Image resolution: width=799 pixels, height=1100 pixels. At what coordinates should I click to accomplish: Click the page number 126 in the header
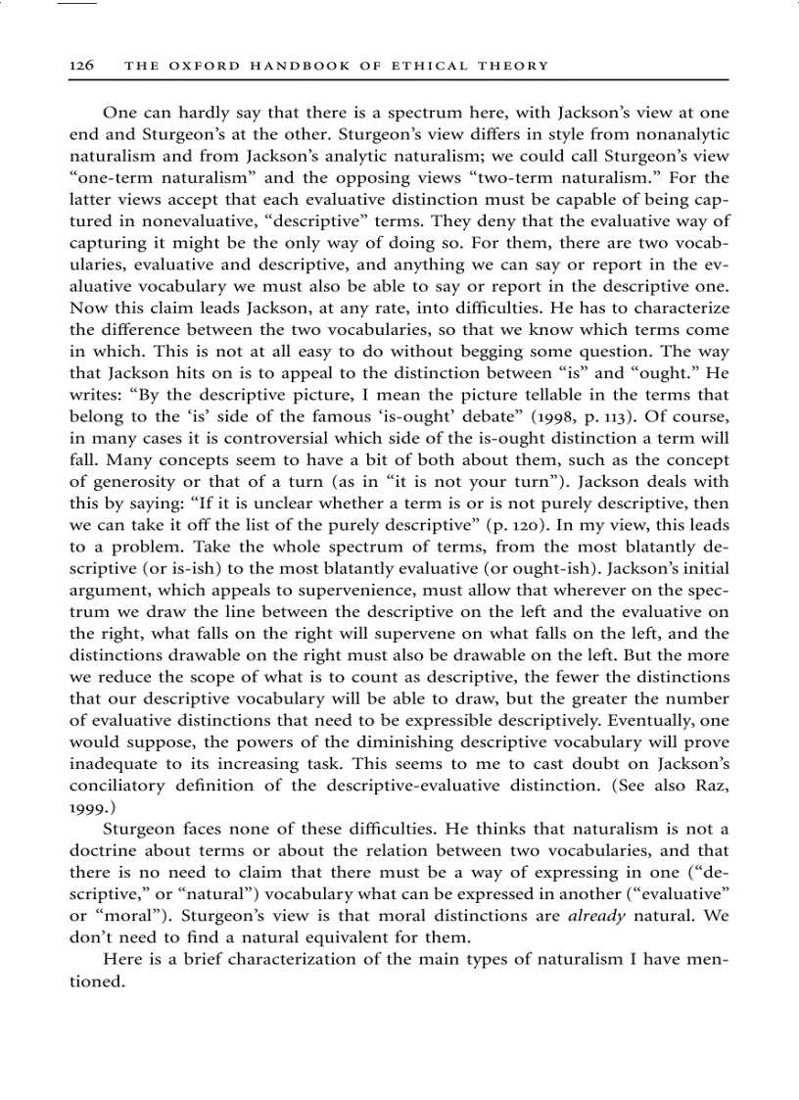[81, 66]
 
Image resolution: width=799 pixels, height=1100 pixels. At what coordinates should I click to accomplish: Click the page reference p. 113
[557, 415]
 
